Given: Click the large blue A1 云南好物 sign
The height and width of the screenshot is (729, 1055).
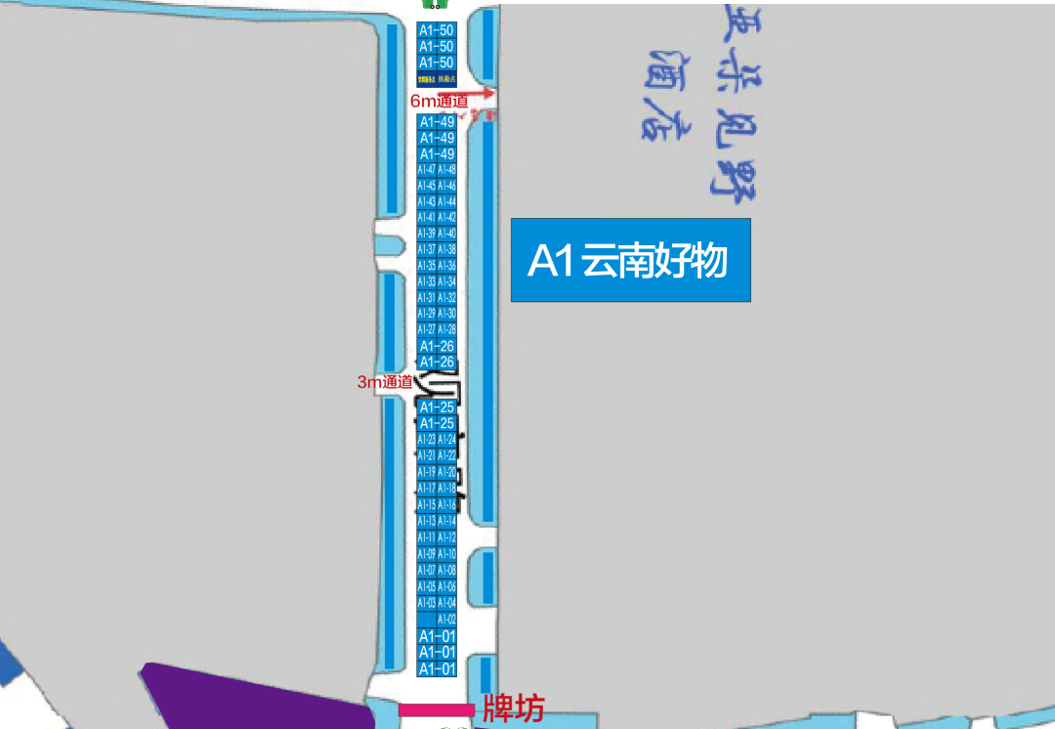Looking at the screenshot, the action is point(630,260).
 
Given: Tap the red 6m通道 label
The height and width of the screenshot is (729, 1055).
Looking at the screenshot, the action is point(439,101).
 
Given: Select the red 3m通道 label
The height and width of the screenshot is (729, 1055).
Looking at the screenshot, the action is point(385,382).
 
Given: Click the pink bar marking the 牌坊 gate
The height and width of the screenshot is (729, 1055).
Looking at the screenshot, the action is point(436,710).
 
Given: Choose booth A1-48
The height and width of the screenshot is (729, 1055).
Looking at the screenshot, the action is point(446,170).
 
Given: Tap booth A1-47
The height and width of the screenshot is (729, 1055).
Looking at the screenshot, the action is point(426,170).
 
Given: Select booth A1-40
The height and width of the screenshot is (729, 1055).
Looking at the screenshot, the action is point(446,234).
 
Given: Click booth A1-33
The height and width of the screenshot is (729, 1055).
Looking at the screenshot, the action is point(426,281).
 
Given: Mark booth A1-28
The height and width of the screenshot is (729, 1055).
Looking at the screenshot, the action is point(446,329).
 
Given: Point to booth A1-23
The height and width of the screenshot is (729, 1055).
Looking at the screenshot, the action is point(426,440).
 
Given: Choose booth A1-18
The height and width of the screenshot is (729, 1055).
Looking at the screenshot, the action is point(446,488).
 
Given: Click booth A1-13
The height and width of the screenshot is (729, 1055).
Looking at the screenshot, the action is point(426,522).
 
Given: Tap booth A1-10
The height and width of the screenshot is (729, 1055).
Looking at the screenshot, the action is point(446,554).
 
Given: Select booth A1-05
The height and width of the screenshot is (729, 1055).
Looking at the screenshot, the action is point(426,587).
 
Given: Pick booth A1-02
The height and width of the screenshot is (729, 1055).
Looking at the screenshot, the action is point(446,620).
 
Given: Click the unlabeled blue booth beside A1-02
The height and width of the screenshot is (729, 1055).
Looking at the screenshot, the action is point(426,620).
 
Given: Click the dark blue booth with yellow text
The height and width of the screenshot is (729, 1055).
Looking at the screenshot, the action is point(436,77).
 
